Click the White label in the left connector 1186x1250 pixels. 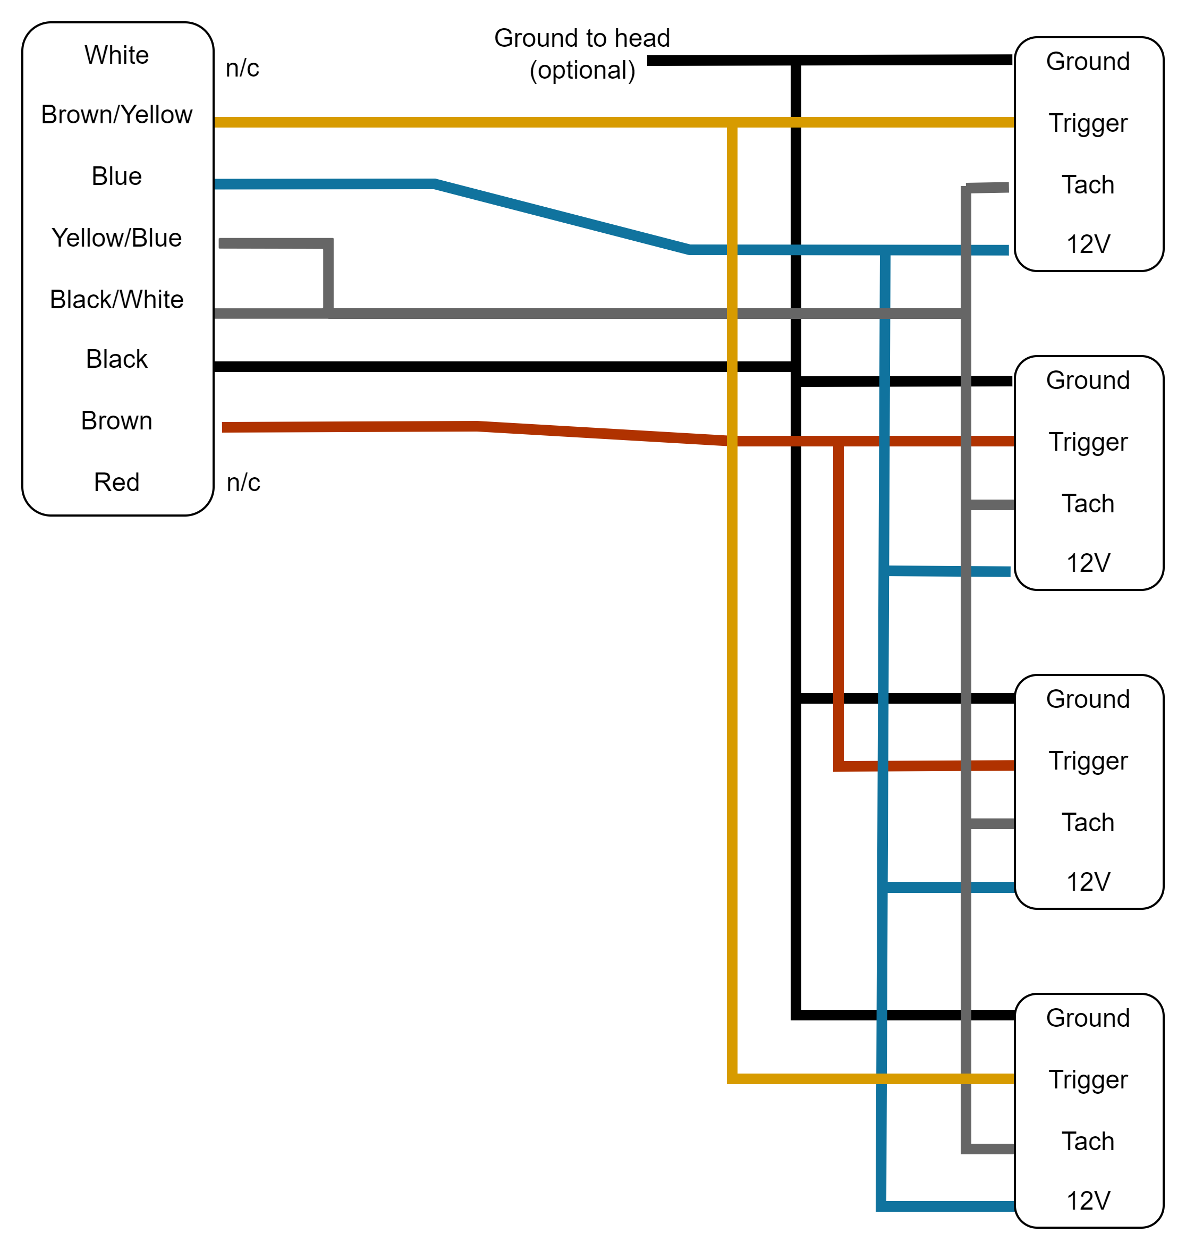(117, 56)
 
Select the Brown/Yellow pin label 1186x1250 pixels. (117, 115)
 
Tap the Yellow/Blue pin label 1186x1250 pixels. (117, 239)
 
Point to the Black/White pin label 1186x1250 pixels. (117, 300)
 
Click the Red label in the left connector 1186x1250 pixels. (117, 483)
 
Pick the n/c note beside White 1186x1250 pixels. (243, 68)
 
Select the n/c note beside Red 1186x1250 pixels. (243, 483)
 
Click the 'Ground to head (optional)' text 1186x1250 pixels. (582, 54)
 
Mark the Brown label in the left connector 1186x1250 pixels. (117, 421)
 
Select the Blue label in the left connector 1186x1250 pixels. (117, 176)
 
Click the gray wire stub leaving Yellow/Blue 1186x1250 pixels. (272, 243)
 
